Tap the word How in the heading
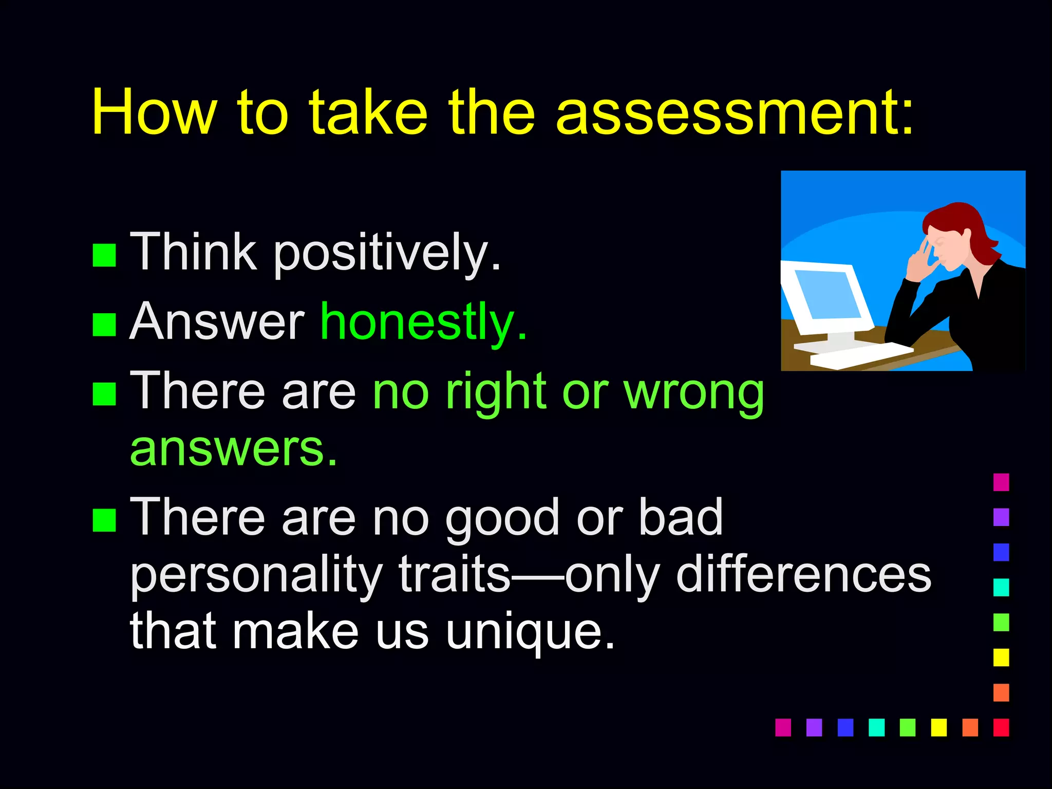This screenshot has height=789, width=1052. pyautogui.click(x=154, y=113)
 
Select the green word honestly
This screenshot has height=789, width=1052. pyautogui.click(x=423, y=323)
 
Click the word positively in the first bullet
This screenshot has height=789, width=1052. pyautogui.click(x=386, y=253)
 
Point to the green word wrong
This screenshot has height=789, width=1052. pyautogui.click(x=693, y=393)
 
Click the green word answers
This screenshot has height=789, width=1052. pyautogui.click(x=234, y=449)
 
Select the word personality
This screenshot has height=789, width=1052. pyautogui.click(x=257, y=575)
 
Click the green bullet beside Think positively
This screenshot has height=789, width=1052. pyautogui.click(x=104, y=255)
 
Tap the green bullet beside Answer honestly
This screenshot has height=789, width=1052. pyautogui.click(x=104, y=325)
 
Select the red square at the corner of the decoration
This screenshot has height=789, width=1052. pyautogui.click(x=1001, y=727)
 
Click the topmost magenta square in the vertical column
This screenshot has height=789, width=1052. pyautogui.click(x=1001, y=482)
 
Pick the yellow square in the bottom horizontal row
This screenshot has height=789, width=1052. pyautogui.click(x=938, y=727)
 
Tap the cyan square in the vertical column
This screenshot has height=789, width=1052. pyautogui.click(x=1001, y=587)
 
